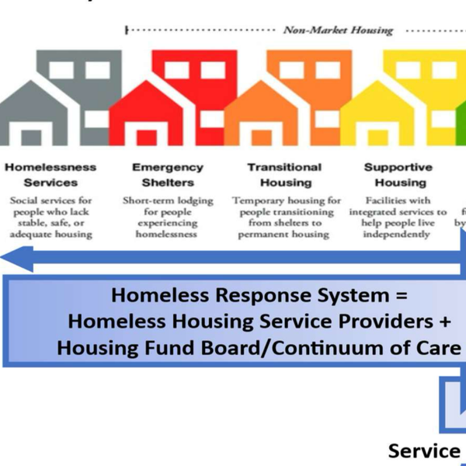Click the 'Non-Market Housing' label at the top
[338, 30]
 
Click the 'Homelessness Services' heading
[51, 175]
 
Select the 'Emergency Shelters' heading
[167, 175]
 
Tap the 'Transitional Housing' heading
[284, 175]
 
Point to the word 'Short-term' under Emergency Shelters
[148, 200]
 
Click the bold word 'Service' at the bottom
[424, 450]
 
